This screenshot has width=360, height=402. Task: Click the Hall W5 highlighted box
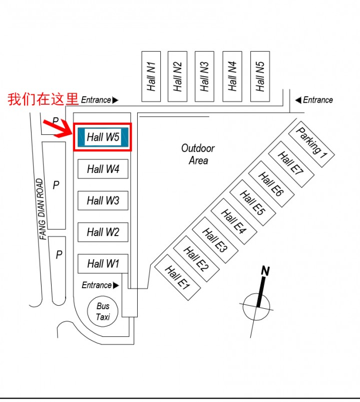[103, 137]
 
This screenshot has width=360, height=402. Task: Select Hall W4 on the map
[103, 169]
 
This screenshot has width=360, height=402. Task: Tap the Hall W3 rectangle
[103, 200]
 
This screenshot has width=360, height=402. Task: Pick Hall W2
[103, 232]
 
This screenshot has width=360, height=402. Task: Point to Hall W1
[103, 263]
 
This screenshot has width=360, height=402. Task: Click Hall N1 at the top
[151, 76]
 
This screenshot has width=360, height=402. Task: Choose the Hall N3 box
[204, 76]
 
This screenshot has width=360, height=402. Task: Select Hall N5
[260, 76]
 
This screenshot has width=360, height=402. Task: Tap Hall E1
[178, 277]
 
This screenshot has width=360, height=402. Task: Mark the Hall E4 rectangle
[234, 222]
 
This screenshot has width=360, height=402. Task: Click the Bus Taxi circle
[103, 311]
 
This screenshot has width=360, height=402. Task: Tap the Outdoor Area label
[198, 154]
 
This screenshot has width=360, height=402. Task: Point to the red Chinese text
[43, 99]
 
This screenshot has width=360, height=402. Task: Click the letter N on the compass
[265, 272]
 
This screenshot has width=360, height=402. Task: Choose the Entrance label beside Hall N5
[317, 100]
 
